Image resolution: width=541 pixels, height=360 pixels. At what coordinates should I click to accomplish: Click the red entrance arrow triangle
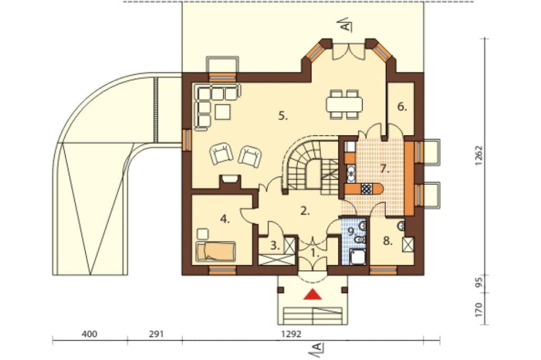313,294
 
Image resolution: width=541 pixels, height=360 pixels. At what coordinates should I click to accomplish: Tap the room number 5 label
283,116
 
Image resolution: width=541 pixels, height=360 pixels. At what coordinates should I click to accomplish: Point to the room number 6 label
402,107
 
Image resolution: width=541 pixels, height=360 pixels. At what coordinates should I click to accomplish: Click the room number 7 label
384,169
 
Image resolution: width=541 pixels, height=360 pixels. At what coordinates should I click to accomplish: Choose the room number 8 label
388,242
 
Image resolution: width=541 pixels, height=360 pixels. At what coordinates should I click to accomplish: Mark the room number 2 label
305,211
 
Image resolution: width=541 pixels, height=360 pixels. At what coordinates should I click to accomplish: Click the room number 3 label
275,246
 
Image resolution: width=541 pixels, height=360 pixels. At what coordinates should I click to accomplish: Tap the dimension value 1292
292,334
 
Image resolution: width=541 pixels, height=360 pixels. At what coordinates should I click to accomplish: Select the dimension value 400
89,334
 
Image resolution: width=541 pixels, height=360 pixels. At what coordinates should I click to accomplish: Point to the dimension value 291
156,334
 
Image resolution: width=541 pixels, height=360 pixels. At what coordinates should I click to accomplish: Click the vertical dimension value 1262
479,156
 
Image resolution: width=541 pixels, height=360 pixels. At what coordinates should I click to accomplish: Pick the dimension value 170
479,310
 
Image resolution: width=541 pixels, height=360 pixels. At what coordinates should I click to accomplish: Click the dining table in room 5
344,104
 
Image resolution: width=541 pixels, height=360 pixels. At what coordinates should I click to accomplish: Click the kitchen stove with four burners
366,189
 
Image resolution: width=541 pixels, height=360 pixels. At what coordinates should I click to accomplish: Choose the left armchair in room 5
221,155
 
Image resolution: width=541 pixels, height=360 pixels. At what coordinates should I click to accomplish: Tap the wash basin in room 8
401,226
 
